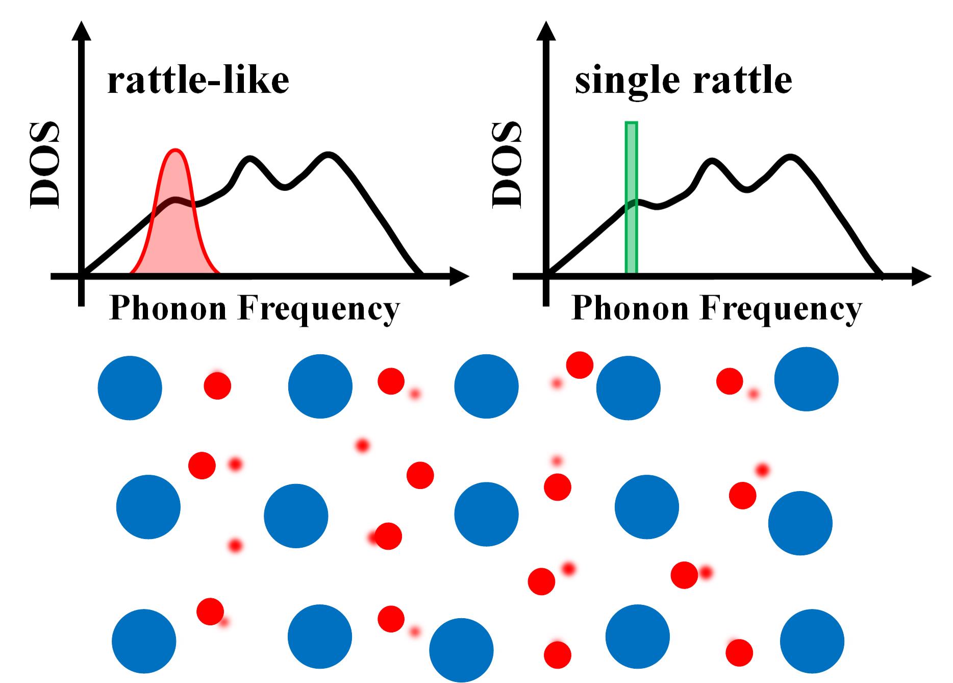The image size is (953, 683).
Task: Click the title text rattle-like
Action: coord(198,81)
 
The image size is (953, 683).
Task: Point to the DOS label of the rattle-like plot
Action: coord(45,165)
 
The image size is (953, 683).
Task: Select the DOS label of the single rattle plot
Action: coord(507,165)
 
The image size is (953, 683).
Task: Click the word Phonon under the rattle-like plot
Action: coord(168,309)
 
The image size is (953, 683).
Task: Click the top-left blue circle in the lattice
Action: coord(130,388)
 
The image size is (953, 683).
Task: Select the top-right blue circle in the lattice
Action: coord(806,379)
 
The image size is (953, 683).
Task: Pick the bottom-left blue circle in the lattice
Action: coord(144,641)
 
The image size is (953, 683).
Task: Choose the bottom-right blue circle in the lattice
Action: coord(812,641)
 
